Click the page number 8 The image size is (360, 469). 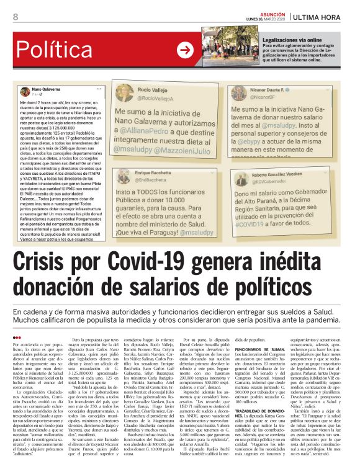[15, 16]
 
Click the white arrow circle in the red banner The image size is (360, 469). [185, 50]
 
